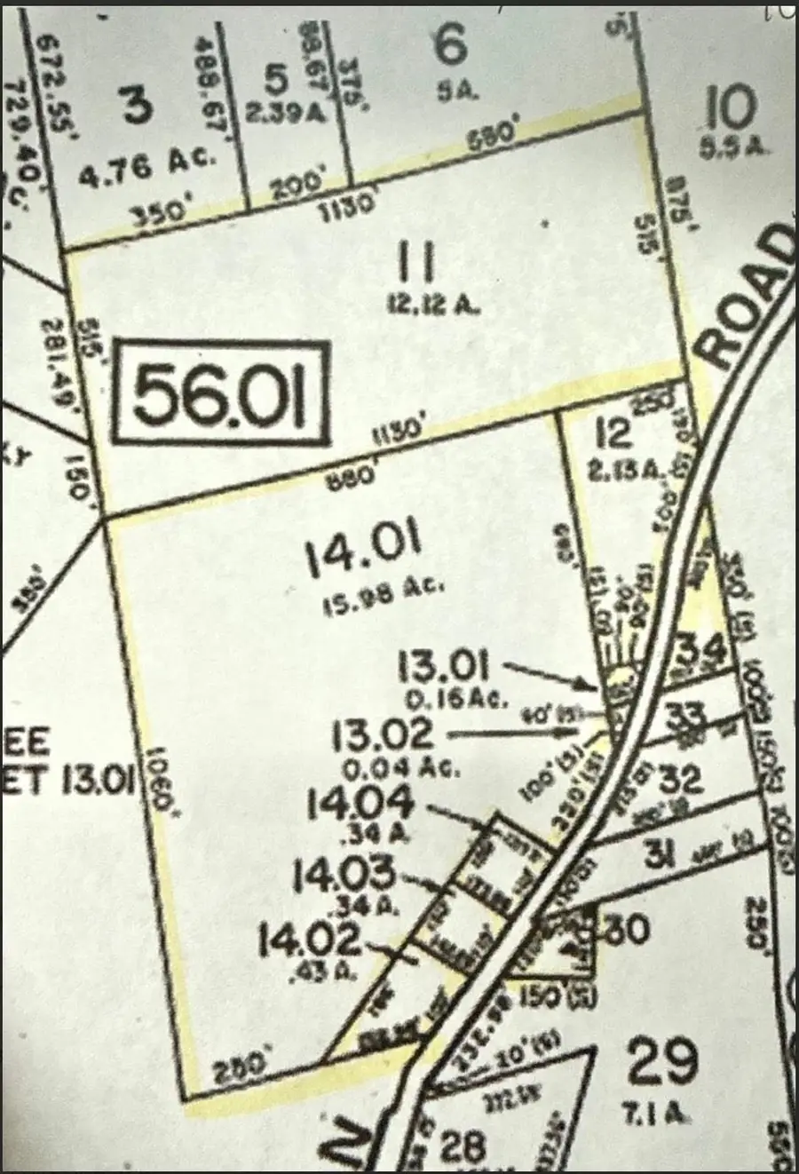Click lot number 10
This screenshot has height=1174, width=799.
click(x=730, y=109)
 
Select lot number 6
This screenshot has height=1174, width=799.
click(x=450, y=44)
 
